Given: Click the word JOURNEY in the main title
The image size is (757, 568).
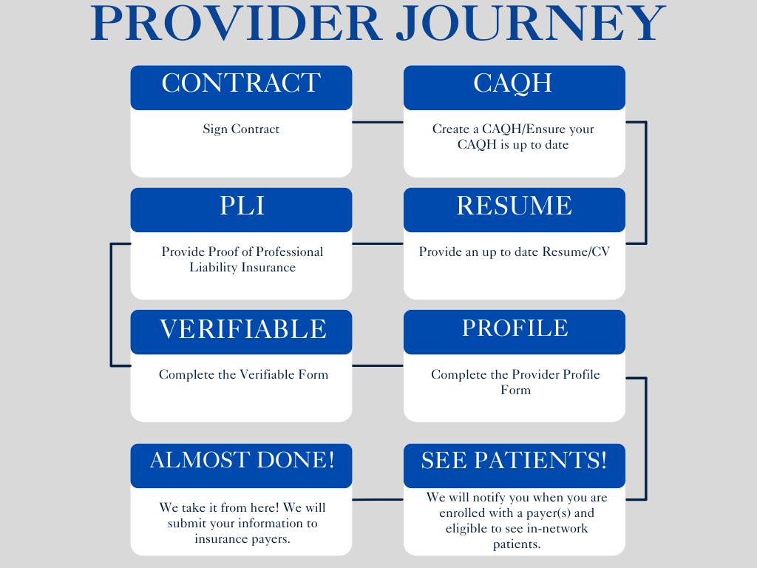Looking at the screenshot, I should [x=531, y=24].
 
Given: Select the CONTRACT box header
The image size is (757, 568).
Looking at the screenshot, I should [x=241, y=84].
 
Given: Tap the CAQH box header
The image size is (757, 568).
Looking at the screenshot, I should [x=513, y=84].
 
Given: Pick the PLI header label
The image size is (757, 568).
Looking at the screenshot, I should [x=241, y=206].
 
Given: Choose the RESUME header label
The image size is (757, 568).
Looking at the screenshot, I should [x=514, y=206].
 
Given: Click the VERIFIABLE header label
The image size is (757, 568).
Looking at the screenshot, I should [x=242, y=329].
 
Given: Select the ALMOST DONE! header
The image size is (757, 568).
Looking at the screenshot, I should [x=242, y=460].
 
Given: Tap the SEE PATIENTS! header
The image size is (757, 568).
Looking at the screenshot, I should [x=514, y=461].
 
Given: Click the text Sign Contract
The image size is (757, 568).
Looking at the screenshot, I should [x=241, y=129].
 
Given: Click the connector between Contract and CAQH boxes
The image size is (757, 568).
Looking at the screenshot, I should [x=377, y=122].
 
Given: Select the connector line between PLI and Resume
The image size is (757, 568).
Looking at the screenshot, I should [x=377, y=243].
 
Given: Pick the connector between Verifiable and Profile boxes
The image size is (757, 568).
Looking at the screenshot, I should [x=377, y=365].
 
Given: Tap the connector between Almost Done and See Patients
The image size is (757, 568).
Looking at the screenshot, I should [x=377, y=499].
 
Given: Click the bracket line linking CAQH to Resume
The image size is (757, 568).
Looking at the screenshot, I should [x=645, y=183].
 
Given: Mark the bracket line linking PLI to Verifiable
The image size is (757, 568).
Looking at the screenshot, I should [x=111, y=305].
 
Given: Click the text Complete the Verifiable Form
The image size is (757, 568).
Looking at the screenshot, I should [x=243, y=375].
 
